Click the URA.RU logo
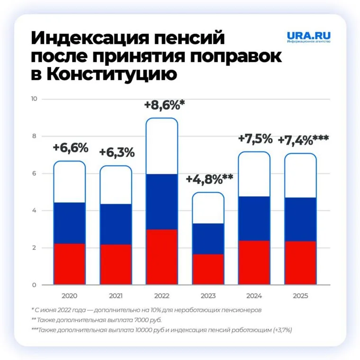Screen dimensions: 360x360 tap(308, 37)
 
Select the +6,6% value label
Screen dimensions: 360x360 tap(71, 148)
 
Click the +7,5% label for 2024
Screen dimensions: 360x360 tap(255, 139)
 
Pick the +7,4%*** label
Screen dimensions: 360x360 tap(303, 141)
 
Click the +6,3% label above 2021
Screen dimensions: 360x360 tap(117, 153)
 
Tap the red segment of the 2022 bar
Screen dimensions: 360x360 tap(162, 257)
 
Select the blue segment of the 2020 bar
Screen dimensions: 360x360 tap(70, 223)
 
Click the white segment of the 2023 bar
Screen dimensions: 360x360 tap(208, 207)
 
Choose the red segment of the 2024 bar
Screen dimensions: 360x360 tap(254, 262)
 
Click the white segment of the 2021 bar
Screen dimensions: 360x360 tap(116, 185)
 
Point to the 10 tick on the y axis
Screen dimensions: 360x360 tap(33, 99)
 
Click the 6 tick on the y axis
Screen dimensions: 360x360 tap(34, 173)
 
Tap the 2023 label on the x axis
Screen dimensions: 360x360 tap(208, 296)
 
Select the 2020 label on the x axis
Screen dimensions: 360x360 tap(70, 296)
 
